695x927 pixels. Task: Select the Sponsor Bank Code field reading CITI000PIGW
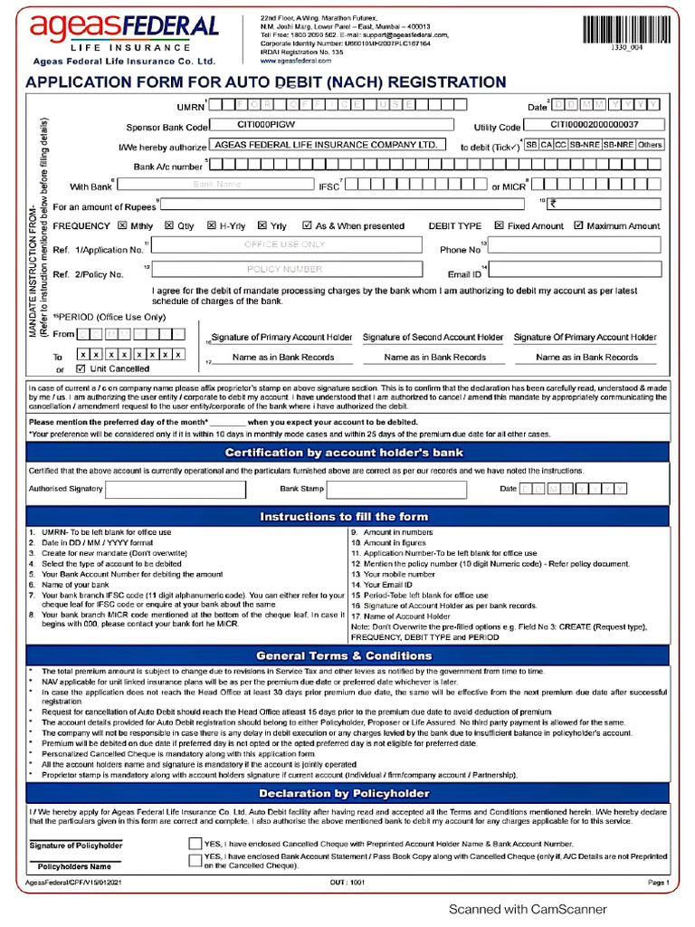(x=331, y=125)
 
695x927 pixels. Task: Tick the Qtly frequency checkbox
(x=168, y=225)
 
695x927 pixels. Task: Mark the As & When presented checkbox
(x=307, y=225)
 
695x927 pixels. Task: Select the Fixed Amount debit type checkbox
(x=499, y=225)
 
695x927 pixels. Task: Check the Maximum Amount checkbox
(x=578, y=225)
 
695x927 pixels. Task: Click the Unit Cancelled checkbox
(x=81, y=368)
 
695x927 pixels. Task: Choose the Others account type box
(x=649, y=145)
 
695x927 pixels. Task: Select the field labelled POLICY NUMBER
(x=285, y=270)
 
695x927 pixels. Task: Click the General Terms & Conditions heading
(x=344, y=655)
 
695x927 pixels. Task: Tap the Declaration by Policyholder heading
(x=344, y=794)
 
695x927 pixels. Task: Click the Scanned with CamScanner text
(x=528, y=909)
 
